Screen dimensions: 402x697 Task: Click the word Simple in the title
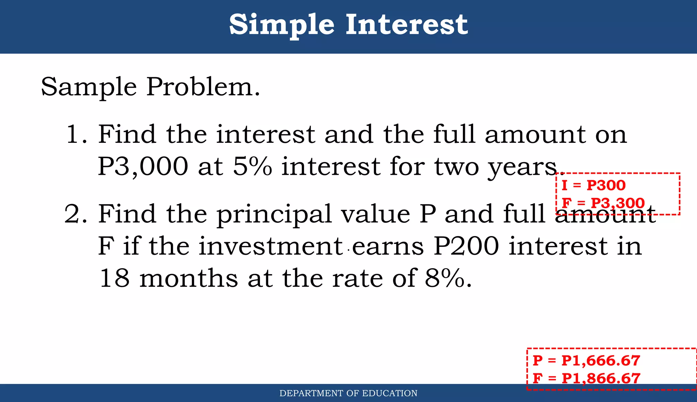pyautogui.click(x=281, y=25)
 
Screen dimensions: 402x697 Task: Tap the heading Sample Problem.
pyautogui.click(x=150, y=87)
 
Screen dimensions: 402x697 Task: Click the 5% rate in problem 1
pyautogui.click(x=252, y=166)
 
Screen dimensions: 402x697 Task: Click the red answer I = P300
pyautogui.click(x=594, y=185)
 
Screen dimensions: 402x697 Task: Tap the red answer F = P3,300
pyautogui.click(x=603, y=203)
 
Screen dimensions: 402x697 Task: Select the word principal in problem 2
pyautogui.click(x=274, y=215)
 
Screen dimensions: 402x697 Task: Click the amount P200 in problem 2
pyautogui.click(x=467, y=246)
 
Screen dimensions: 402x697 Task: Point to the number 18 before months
pyautogui.click(x=114, y=278)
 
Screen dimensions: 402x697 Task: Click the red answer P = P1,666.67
pyautogui.click(x=586, y=361)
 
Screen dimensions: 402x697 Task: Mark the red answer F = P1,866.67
pyautogui.click(x=586, y=378)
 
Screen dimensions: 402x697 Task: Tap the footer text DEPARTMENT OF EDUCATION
pyautogui.click(x=348, y=393)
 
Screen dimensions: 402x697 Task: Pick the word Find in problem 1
pyautogui.click(x=127, y=134)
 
